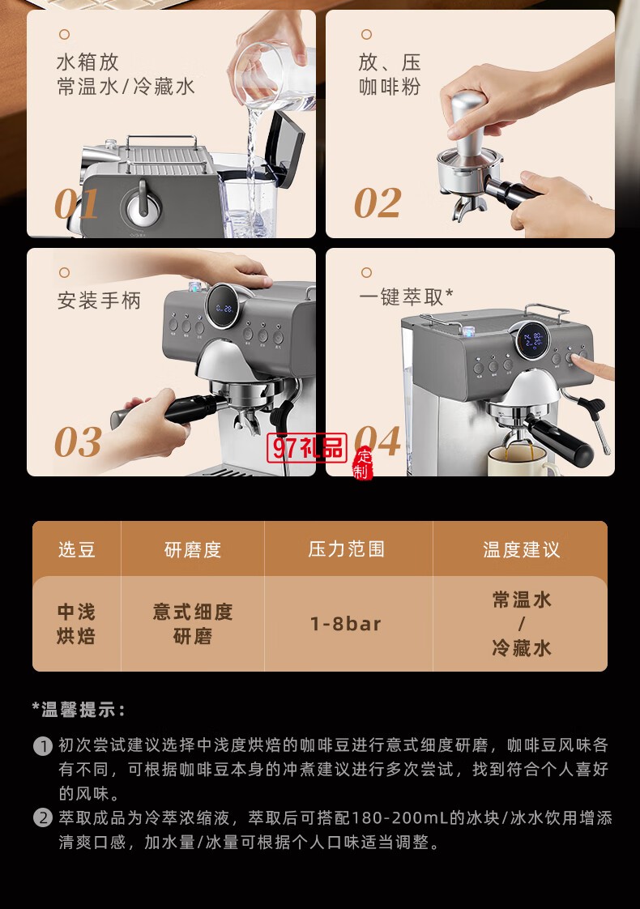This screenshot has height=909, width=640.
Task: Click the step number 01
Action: [77, 203]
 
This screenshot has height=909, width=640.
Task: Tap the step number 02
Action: [378, 203]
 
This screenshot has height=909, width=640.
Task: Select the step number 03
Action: [78, 442]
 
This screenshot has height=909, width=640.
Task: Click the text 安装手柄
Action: [99, 301]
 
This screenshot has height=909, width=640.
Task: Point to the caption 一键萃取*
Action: [406, 297]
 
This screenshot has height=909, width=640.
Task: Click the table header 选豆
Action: [77, 549]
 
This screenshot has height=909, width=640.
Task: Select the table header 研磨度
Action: [193, 549]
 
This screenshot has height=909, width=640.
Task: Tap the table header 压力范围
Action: [347, 549]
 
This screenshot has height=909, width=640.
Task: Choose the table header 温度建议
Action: [522, 549]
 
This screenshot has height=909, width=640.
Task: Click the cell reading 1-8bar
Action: [346, 624]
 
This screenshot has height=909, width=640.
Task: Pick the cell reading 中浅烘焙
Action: [76, 624]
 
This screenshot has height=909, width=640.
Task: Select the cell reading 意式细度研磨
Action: [193, 624]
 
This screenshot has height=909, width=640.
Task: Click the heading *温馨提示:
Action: [79, 711]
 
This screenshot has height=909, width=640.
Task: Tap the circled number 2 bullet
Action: [43, 818]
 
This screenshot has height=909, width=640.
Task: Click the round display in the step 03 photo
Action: [222, 308]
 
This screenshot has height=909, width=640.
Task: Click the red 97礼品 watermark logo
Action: [308, 446]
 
